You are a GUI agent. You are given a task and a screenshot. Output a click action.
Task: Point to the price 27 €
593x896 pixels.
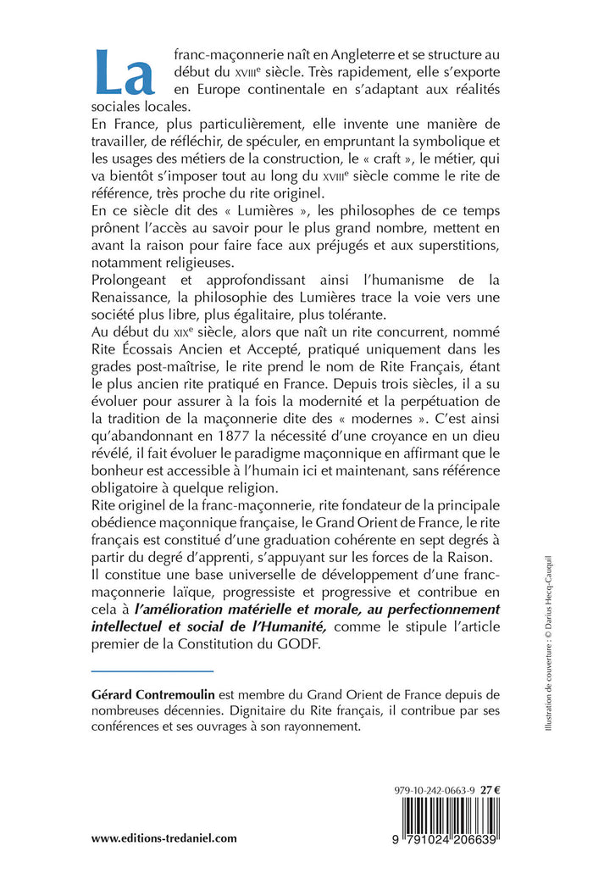[x=490, y=788]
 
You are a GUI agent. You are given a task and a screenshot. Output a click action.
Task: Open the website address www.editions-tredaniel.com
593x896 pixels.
[x=163, y=838]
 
